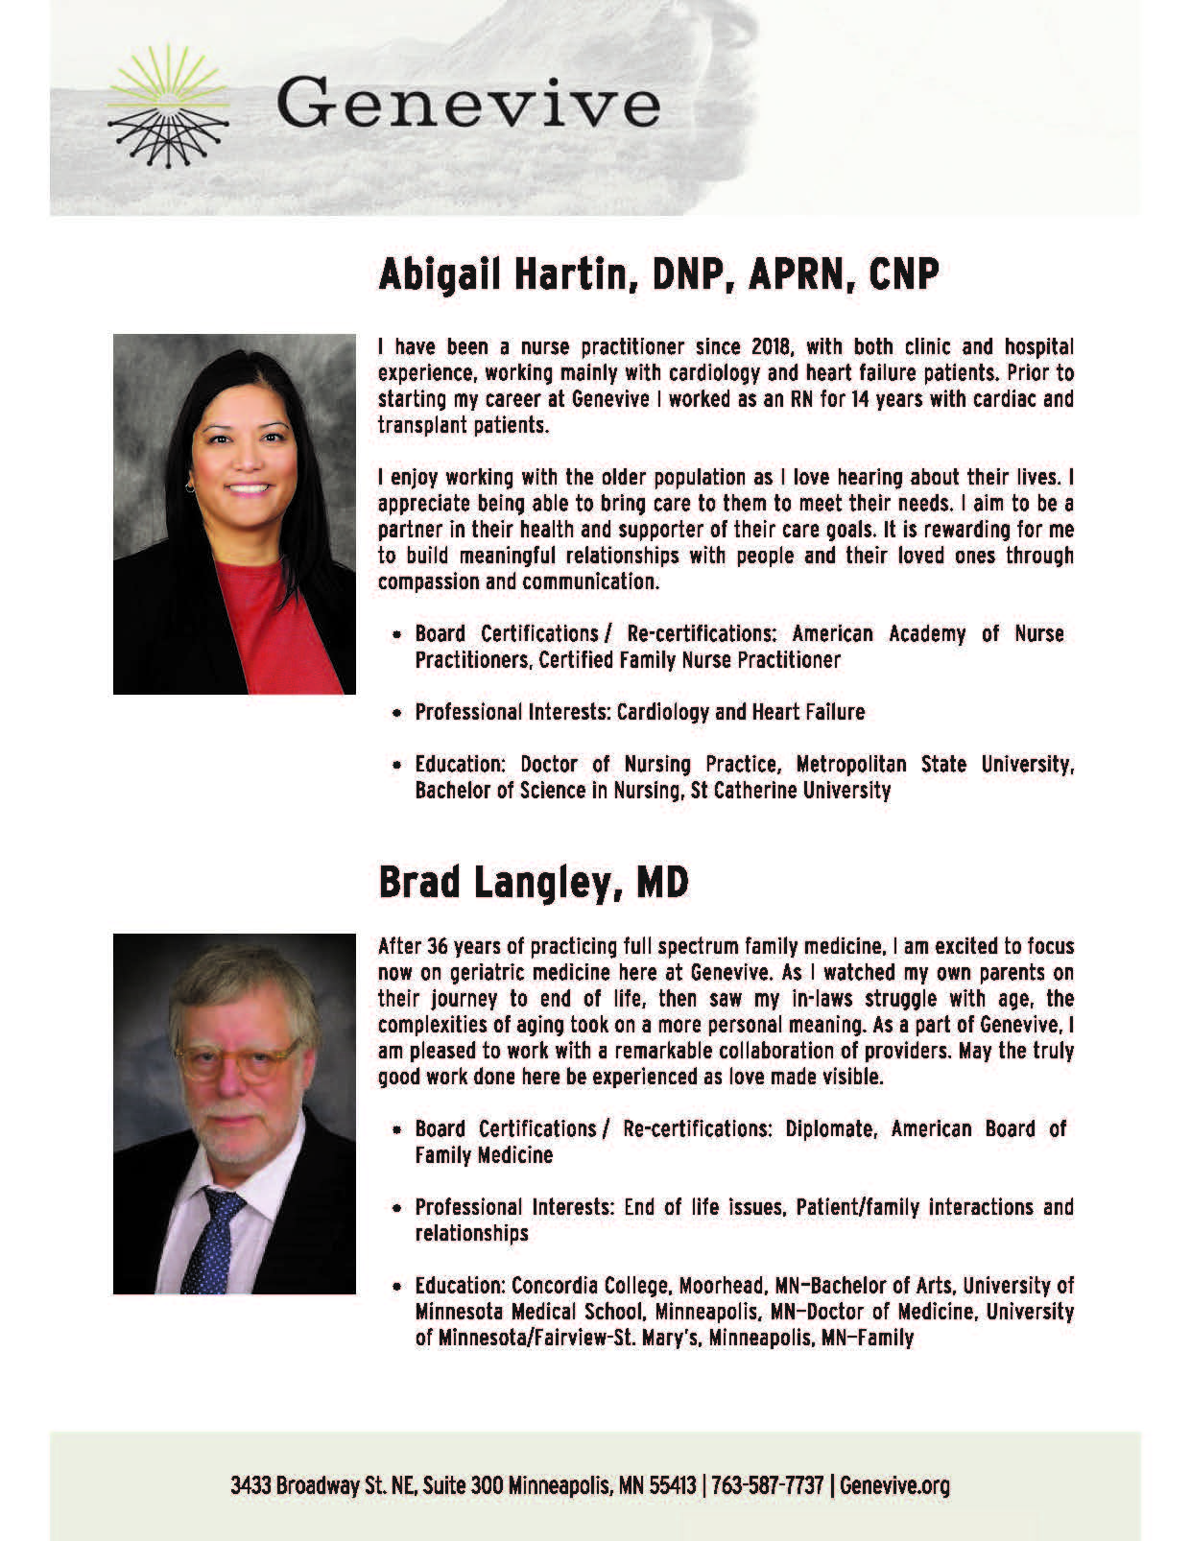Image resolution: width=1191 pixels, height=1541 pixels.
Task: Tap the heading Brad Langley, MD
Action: pyautogui.click(x=534, y=883)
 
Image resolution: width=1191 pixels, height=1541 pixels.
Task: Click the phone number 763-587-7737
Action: pyautogui.click(x=768, y=1486)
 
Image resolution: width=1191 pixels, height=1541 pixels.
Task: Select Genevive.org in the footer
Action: pyautogui.click(x=894, y=1486)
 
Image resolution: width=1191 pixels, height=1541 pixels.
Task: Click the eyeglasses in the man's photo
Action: pyautogui.click(x=234, y=1061)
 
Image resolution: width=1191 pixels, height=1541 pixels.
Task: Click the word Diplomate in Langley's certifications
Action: pyautogui.click(x=829, y=1129)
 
